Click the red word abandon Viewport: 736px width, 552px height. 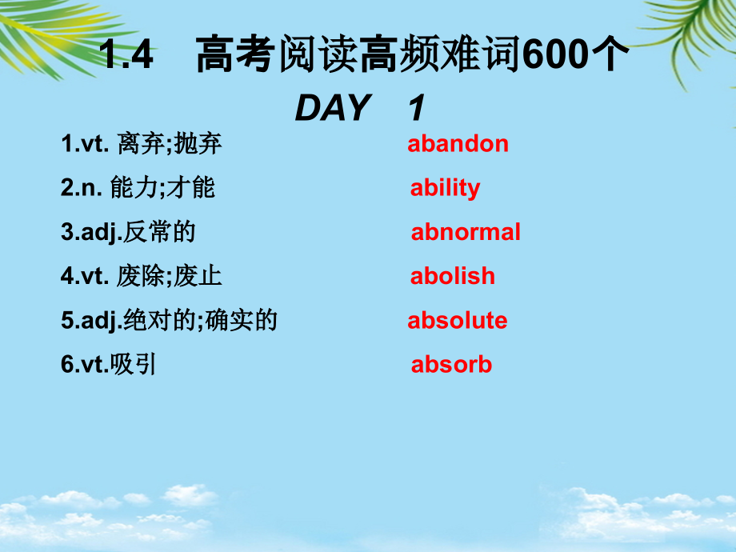point(458,144)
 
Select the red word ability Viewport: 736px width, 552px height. point(445,188)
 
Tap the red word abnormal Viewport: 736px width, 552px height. point(466,232)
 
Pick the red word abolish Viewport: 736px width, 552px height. point(452,276)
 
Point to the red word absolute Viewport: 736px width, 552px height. point(458,321)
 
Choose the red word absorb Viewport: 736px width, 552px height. point(451,365)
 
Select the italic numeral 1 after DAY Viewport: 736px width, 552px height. point(415,107)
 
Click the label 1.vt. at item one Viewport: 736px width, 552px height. point(84,144)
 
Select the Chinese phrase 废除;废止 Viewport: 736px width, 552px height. point(169,276)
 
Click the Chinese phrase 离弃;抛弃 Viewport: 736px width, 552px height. point(169,144)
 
